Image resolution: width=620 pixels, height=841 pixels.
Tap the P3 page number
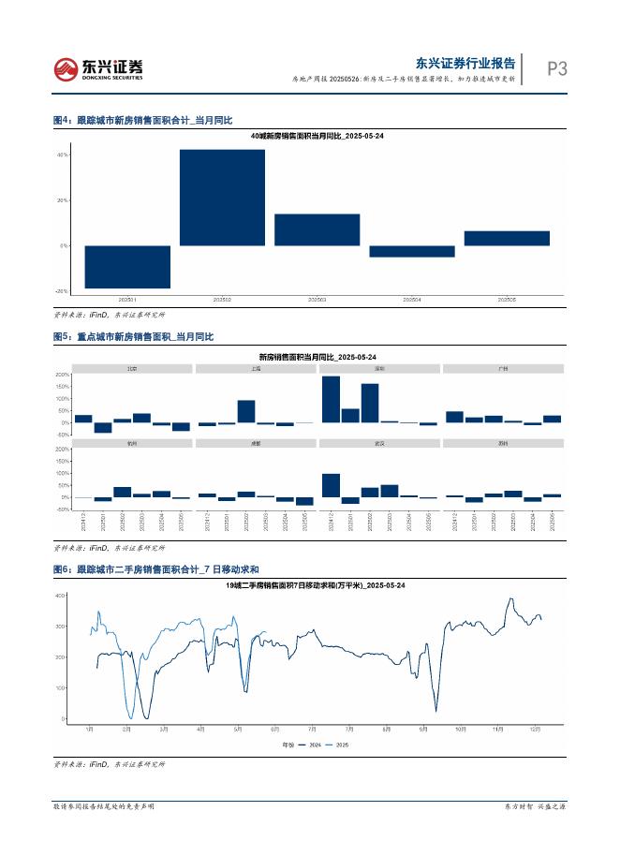[556, 68]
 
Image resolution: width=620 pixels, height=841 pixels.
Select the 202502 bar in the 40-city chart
[222, 198]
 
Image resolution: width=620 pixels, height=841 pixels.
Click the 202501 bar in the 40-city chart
[127, 267]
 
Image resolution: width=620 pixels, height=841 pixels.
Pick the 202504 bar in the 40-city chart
[411, 251]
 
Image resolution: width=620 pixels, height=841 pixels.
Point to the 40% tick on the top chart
[63, 155]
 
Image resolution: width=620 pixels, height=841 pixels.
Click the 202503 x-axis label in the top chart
[317, 300]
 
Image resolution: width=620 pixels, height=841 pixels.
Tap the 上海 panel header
[256, 369]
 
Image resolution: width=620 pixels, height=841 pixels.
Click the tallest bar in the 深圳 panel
[331, 399]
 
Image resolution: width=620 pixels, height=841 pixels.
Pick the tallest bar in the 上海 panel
[246, 411]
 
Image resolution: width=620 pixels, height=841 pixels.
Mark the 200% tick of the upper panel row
[63, 375]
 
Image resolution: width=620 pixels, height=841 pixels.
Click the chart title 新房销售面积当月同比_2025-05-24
[317, 357]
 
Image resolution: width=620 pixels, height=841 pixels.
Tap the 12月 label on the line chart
[534, 729]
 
